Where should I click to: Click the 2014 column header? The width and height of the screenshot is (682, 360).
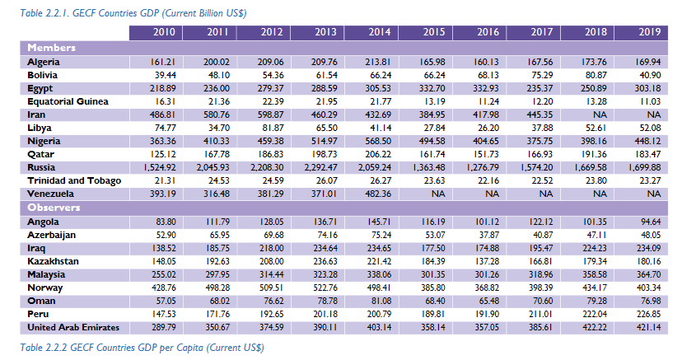(x=380, y=32)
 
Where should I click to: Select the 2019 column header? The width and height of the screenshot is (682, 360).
(x=647, y=32)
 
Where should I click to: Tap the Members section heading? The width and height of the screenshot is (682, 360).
(x=53, y=47)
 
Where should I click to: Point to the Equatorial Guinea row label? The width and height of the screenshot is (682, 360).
(x=68, y=101)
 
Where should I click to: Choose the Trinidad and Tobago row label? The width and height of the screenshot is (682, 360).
(x=74, y=181)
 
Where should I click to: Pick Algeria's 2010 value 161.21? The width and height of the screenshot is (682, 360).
(x=165, y=62)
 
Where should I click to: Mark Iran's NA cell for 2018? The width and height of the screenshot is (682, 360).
(x=595, y=115)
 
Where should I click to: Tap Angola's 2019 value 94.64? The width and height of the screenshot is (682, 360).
(x=648, y=222)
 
